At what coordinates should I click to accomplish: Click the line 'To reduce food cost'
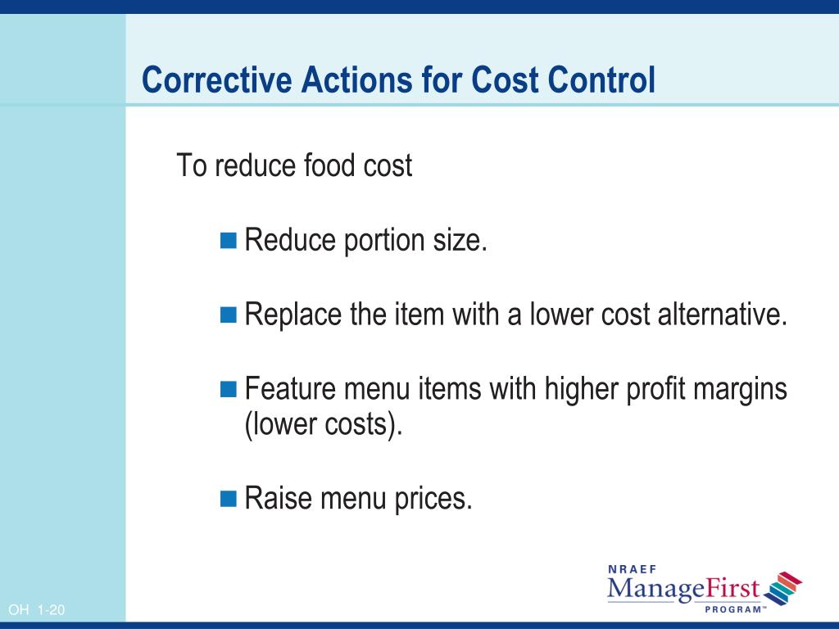[295, 166]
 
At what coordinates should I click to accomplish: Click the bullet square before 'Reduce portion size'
[229, 240]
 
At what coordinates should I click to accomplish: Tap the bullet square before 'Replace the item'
[229, 314]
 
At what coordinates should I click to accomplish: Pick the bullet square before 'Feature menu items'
[229, 387]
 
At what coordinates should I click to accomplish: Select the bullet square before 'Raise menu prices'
[229, 497]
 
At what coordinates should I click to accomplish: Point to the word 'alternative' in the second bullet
[720, 314]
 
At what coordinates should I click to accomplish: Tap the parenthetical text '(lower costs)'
[324, 427]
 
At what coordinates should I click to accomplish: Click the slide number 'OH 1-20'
[36, 610]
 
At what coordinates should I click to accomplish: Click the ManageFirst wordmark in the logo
[683, 589]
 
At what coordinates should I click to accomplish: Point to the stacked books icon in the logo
[782, 588]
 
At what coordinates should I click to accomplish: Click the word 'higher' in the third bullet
[583, 388]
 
